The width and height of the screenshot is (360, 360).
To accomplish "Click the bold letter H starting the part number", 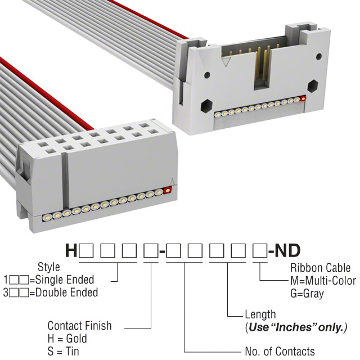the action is pos(71,250).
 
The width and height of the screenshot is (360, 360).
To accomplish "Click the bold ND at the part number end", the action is pos(287,250).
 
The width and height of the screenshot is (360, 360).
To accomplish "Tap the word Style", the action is pos(49,267).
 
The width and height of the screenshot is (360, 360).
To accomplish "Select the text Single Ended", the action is pos(65,280).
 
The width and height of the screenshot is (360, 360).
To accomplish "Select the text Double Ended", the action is pos(66,292).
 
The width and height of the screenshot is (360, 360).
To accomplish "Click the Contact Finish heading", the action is pos(79,326).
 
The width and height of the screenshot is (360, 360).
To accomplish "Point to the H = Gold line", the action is pos(67,339).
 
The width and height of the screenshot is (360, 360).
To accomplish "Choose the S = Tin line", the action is pos(63,352).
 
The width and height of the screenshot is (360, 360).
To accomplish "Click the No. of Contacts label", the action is pos(280,351).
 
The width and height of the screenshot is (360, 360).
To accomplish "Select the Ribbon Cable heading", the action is pos(320,268).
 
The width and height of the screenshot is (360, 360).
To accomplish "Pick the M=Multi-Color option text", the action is pos(323,281).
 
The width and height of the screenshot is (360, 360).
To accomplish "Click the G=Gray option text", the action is pos(307,294).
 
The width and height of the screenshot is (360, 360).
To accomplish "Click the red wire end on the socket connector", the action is pos(168,190).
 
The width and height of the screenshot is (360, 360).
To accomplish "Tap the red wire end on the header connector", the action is pos(303,98).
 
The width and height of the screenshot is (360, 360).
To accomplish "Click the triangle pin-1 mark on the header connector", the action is pos(226,61).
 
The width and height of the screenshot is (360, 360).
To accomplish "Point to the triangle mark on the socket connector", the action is pos(172,181).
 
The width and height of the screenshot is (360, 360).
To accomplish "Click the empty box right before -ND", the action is pos(260,251).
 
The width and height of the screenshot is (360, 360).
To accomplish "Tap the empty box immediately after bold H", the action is pos(86,251).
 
